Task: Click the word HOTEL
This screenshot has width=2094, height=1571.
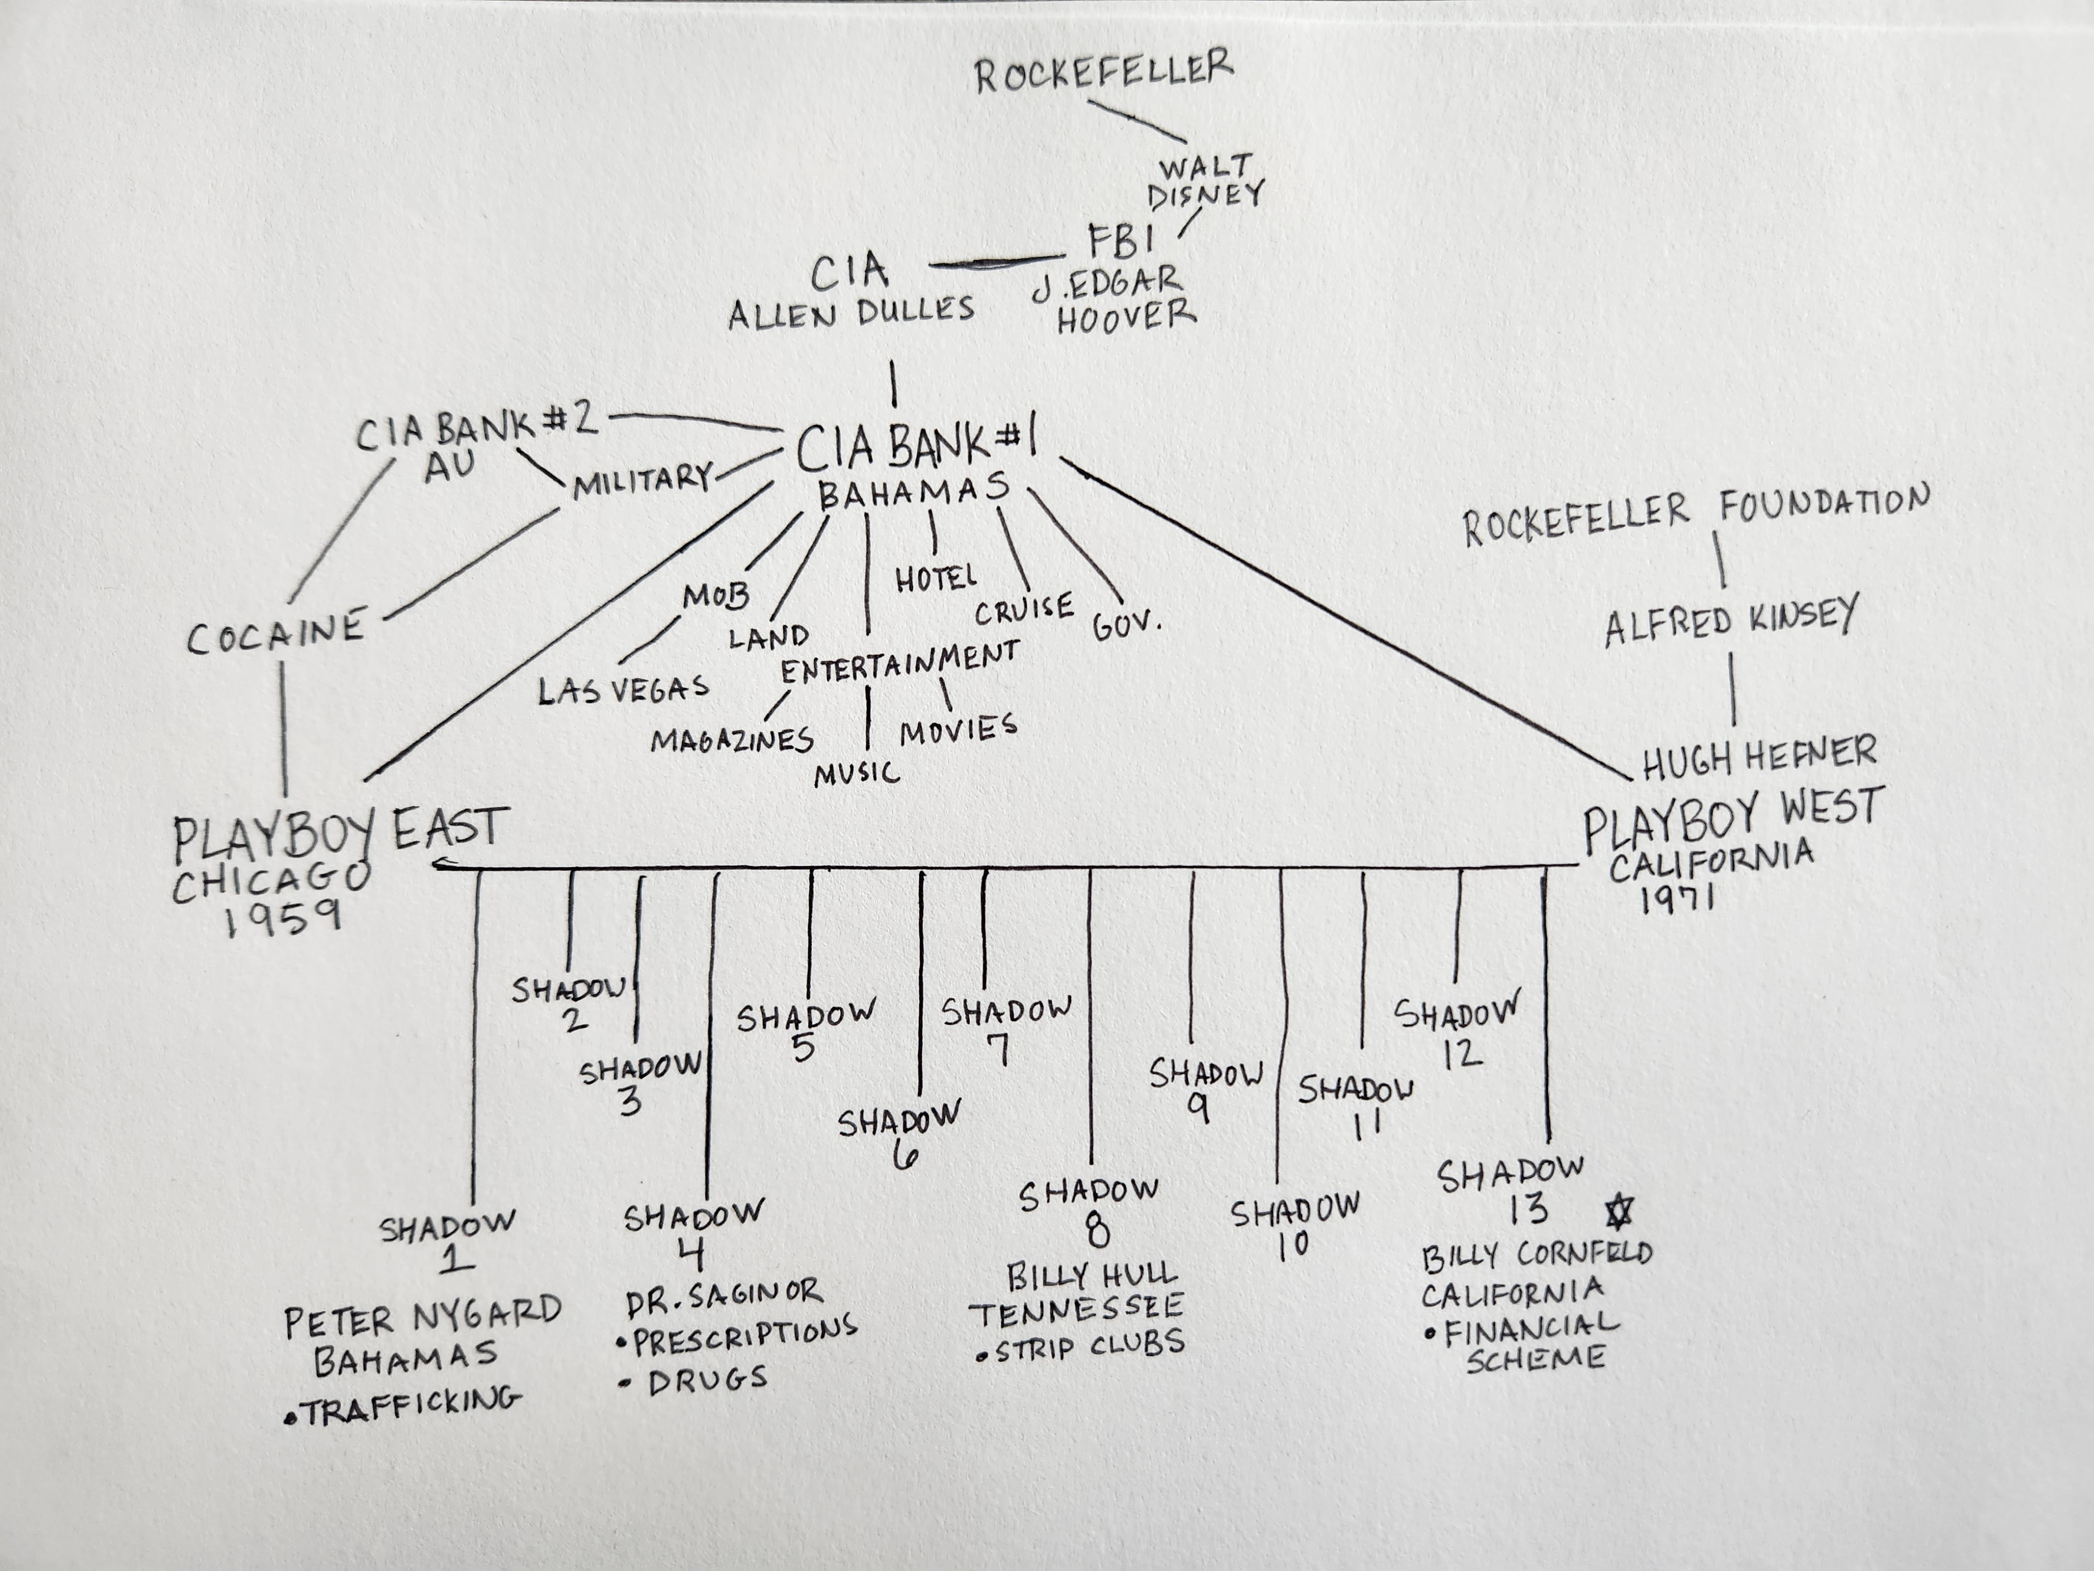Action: click(x=935, y=578)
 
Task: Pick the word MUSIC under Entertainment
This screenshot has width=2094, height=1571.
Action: click(x=857, y=773)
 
